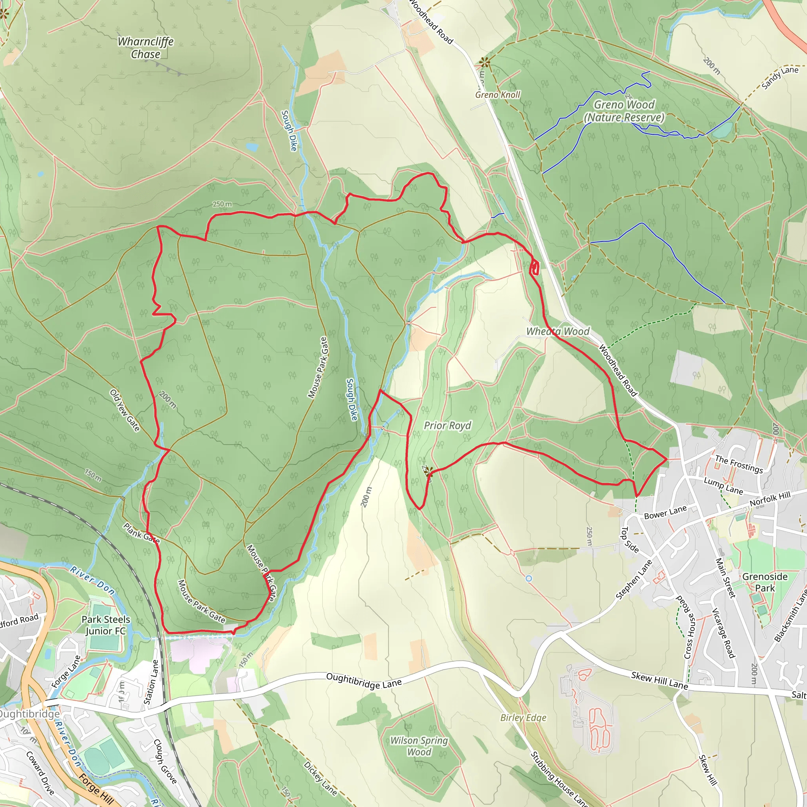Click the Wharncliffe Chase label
(x=145, y=48)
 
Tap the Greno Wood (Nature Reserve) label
(x=624, y=111)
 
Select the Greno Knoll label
(x=498, y=95)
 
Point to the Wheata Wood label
(x=558, y=331)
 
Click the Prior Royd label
(x=447, y=426)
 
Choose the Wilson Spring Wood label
(x=419, y=746)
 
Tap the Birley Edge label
(x=523, y=718)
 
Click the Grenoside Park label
(x=764, y=582)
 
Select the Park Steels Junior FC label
(x=106, y=625)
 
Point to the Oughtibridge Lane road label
(x=364, y=681)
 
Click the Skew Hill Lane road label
(x=659, y=681)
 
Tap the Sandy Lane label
(x=779, y=78)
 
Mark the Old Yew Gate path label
(x=125, y=410)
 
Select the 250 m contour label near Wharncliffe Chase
(x=222, y=204)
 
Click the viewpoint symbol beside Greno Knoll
(x=485, y=63)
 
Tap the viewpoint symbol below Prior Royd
(x=429, y=471)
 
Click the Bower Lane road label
(x=665, y=513)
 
